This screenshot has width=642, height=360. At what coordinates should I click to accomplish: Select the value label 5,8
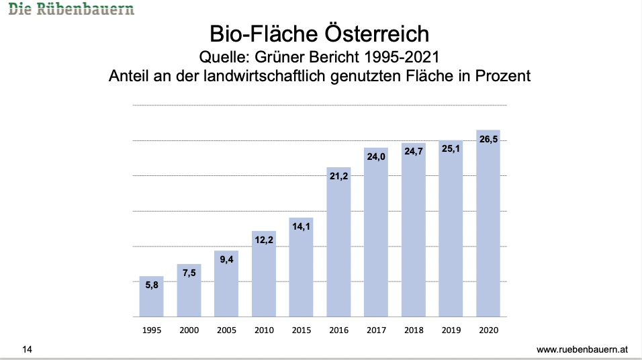click(151, 285)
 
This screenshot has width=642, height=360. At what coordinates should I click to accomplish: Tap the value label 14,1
click(301, 228)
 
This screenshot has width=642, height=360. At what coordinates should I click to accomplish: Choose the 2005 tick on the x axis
click(226, 330)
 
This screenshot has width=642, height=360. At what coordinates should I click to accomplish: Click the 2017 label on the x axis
click(376, 330)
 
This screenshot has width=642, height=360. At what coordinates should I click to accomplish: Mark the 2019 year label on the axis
click(451, 330)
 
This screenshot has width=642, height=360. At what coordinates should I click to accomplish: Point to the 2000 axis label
click(189, 330)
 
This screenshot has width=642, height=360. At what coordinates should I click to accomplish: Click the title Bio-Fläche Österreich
click(320, 34)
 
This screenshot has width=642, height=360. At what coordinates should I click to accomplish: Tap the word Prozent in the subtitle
click(500, 75)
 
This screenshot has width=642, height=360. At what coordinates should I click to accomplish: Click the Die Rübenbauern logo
click(71, 9)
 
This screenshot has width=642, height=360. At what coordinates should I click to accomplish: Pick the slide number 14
click(28, 349)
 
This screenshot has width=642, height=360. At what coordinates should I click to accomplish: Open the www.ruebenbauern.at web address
click(582, 350)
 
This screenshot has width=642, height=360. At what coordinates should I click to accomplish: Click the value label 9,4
click(226, 260)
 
